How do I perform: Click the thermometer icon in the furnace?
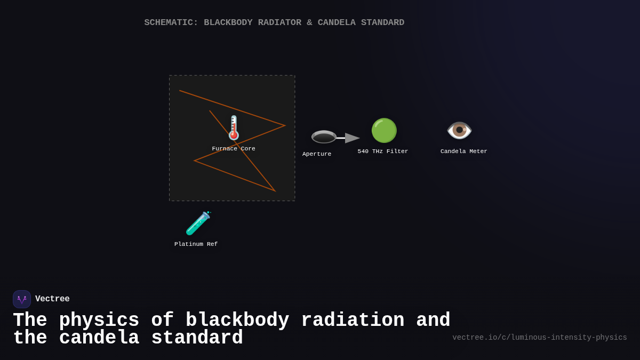pyautogui.click(x=234, y=128)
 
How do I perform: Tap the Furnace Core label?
pyautogui.click(x=234, y=149)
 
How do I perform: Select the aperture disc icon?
pyautogui.click(x=324, y=137)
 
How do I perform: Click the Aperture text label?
pyautogui.click(x=317, y=154)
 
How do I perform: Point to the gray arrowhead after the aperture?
pyautogui.click(x=352, y=138)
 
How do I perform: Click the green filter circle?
pyautogui.click(x=384, y=131)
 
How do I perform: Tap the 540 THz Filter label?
pyautogui.click(x=383, y=151)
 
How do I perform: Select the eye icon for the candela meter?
pyautogui.click(x=459, y=130)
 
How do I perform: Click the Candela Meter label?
pyautogui.click(x=464, y=151)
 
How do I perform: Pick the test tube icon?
pyautogui.click(x=198, y=223)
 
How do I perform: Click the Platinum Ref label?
pyautogui.click(x=196, y=244)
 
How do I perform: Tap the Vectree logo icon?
pyautogui.click(x=22, y=299)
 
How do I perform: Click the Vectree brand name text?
pyautogui.click(x=52, y=299)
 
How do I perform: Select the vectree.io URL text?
pyautogui.click(x=540, y=338)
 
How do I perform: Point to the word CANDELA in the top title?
pyautogui.click(x=337, y=23)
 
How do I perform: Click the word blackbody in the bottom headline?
pyautogui.click(x=237, y=321)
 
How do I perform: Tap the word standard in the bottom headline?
pyautogui.click(x=197, y=338)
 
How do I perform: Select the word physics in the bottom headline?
pyautogui.click(x=99, y=321)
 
